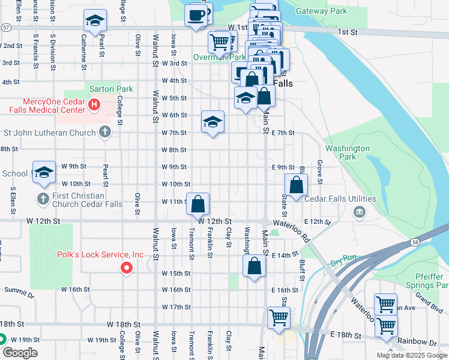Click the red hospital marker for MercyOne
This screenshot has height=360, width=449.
(x=94, y=105)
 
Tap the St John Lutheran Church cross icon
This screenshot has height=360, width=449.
(x=105, y=132)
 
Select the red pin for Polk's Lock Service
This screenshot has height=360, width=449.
(x=127, y=268)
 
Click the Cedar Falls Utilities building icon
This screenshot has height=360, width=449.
(x=359, y=211)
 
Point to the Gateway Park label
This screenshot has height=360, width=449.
(x=322, y=11)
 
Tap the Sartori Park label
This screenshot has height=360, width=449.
(x=111, y=89)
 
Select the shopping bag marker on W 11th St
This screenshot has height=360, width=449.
(x=198, y=204)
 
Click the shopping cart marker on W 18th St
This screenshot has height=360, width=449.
(x=279, y=318)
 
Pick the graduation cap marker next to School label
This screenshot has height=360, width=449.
(x=44, y=173)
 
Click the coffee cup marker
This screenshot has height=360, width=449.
(x=196, y=16)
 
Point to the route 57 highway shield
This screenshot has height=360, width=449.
(x=5, y=28)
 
